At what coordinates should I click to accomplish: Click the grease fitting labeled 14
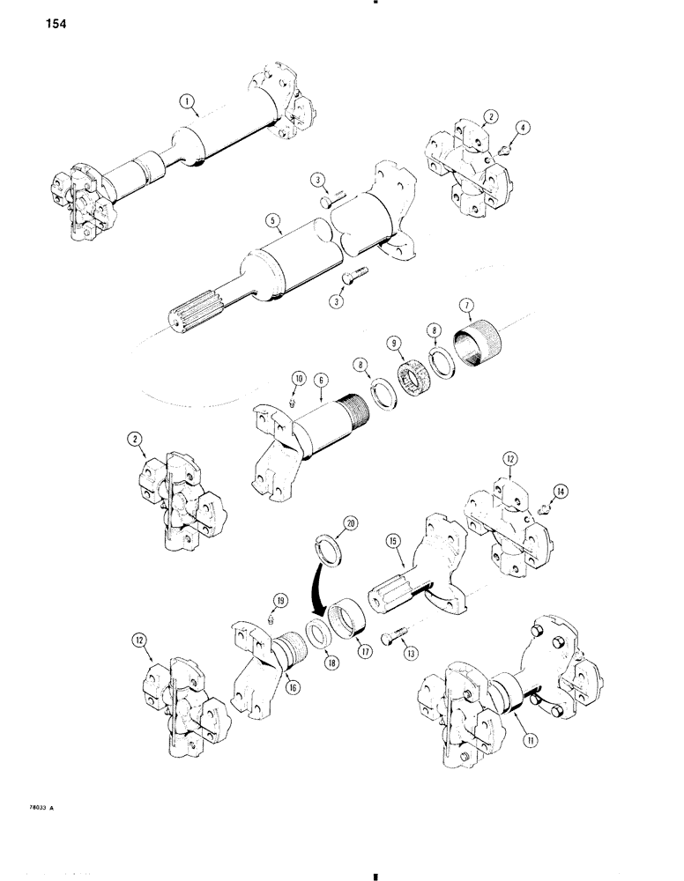[x=544, y=507]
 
